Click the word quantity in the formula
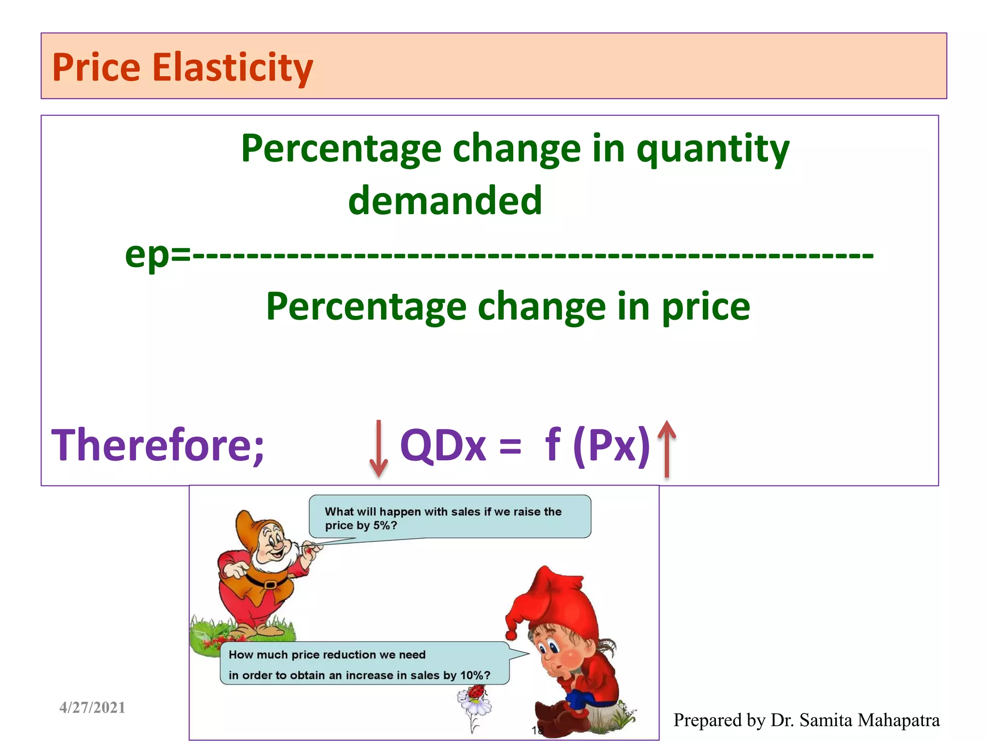click(x=713, y=150)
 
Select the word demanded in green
click(x=445, y=201)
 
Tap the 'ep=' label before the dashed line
click(x=157, y=255)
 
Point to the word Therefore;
click(x=158, y=445)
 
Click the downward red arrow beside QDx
click(x=379, y=448)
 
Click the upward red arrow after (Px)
click(x=667, y=448)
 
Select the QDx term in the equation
click(x=443, y=445)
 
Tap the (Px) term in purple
click(x=612, y=445)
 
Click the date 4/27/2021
click(x=92, y=707)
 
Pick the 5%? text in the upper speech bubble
click(x=385, y=525)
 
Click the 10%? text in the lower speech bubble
click(x=475, y=675)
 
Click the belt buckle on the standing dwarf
click(x=270, y=585)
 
